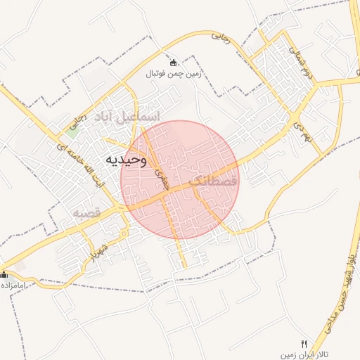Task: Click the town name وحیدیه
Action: coord(126,159)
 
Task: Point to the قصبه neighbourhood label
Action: coord(86,212)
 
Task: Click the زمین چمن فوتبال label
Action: coord(173,73)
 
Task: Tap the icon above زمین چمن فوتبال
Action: coord(173,63)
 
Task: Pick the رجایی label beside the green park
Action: coord(80,114)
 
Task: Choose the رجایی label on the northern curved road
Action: coord(221,40)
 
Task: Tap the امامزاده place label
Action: coord(13,285)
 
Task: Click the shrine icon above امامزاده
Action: coord(4,274)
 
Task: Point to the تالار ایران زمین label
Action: coord(307,355)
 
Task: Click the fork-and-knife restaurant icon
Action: coord(304,344)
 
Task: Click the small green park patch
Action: coord(73,127)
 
